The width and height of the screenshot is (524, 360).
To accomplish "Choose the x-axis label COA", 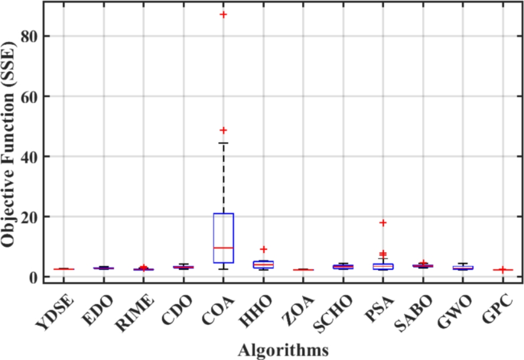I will pos(224,305).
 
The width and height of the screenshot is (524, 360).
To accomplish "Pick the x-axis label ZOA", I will pos(307,305).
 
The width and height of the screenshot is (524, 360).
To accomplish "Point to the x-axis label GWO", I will pos(470,306).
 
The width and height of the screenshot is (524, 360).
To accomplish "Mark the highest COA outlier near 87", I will pos(223,15).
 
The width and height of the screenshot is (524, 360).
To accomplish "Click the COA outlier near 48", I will pos(223,131).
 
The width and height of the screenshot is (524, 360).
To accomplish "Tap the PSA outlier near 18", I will pos(383,222).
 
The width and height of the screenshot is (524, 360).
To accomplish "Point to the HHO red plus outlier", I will pos(263,249).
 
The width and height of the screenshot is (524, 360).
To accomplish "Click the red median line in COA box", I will pos(223,248).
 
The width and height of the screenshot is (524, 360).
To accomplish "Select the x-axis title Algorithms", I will pos(283,349).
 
